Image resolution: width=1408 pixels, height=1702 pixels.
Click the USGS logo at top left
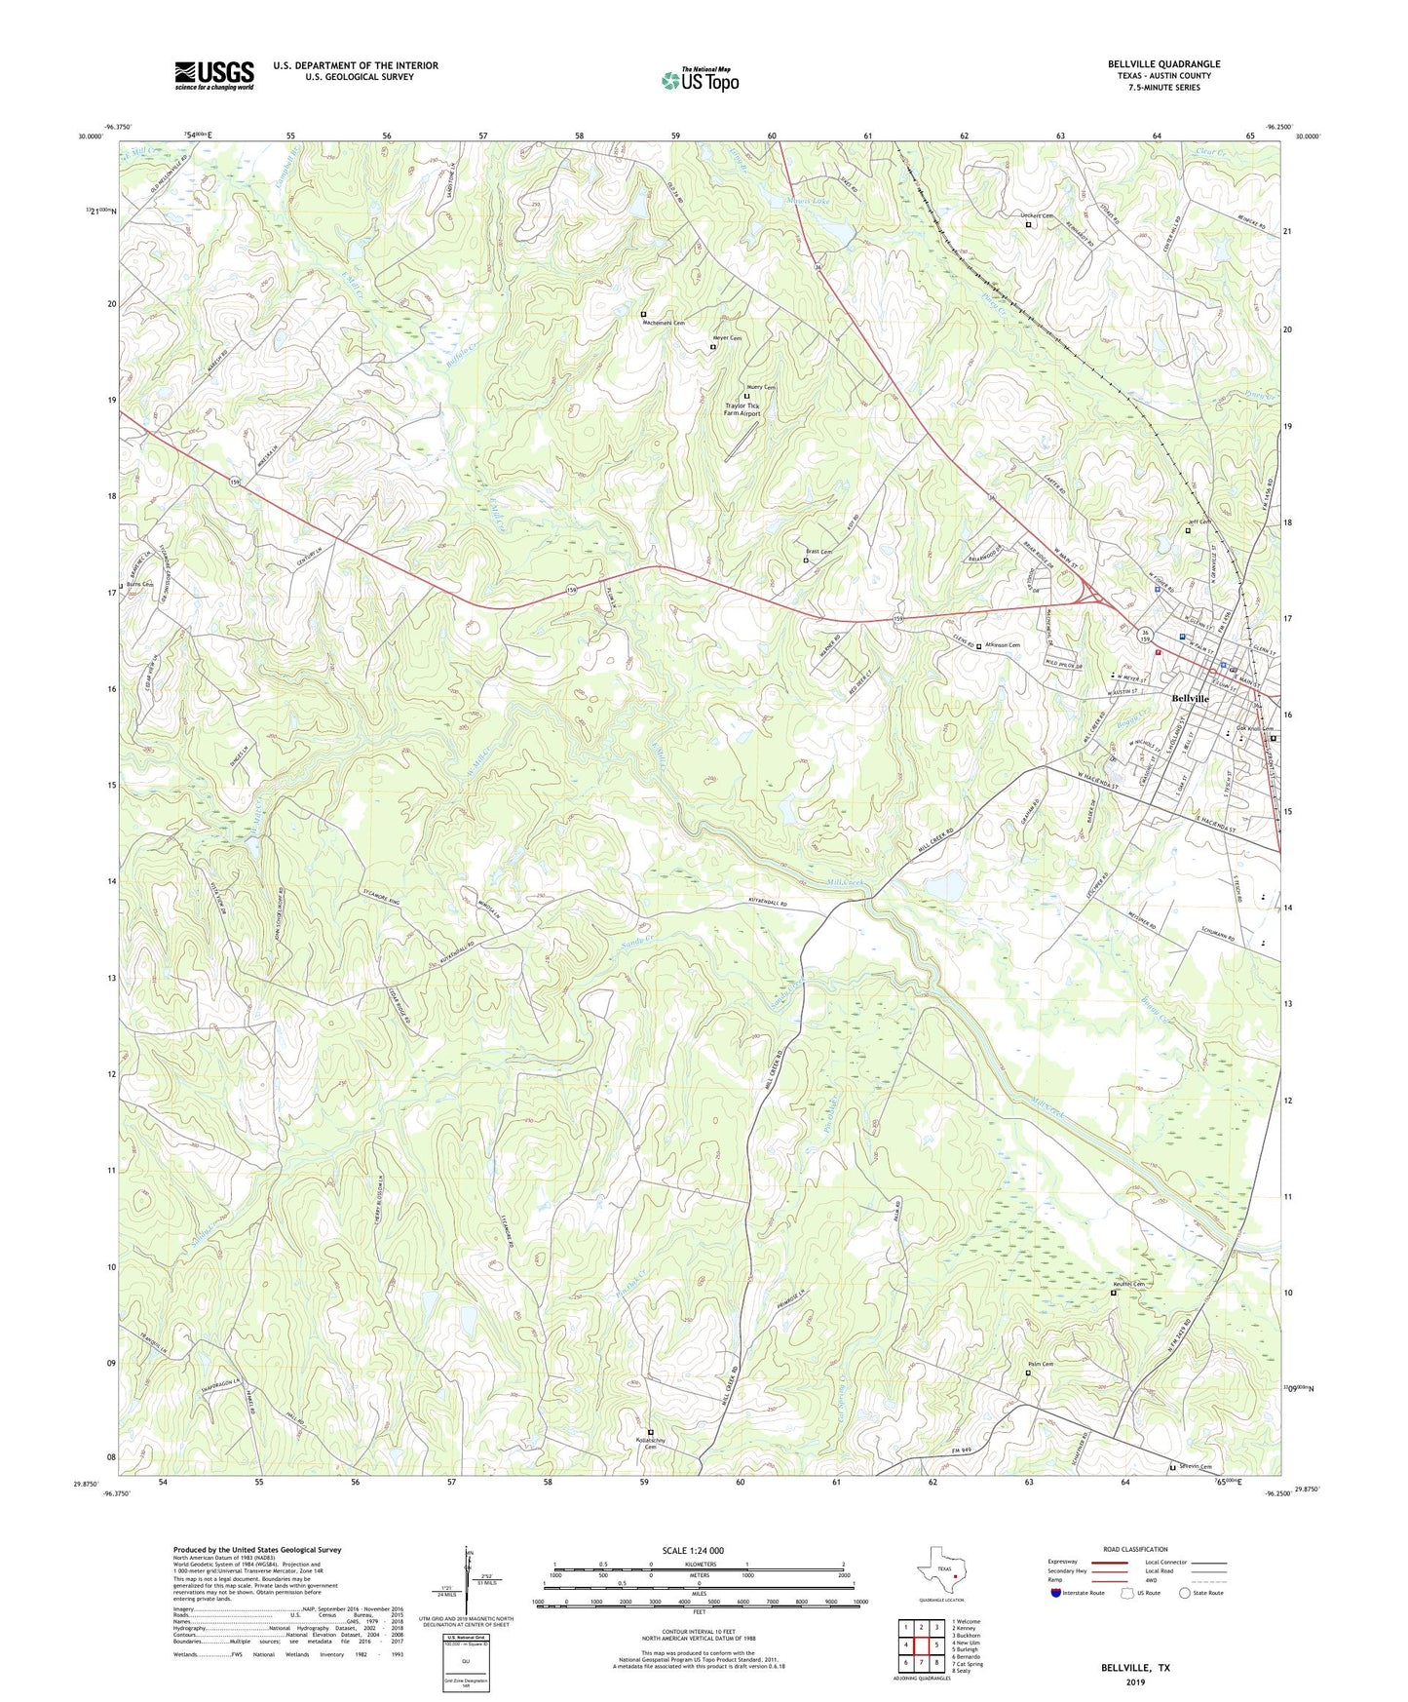[x=214, y=75]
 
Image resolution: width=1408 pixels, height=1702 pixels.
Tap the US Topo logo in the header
[x=700, y=80]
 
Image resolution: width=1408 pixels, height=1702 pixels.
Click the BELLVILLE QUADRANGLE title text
[x=1163, y=64]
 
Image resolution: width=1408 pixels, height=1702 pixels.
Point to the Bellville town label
[x=1190, y=699]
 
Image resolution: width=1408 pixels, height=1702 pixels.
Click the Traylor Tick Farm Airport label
[x=742, y=409]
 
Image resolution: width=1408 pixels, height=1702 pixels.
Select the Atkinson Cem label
[x=1002, y=645]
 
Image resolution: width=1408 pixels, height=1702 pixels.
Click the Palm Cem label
[x=1041, y=1364]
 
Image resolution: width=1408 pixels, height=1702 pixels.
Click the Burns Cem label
[x=139, y=585]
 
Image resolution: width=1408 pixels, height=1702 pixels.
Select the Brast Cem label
[x=819, y=552]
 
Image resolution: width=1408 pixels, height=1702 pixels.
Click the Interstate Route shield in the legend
[x=1056, y=1593]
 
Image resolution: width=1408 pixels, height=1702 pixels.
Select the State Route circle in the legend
[x=1185, y=1593]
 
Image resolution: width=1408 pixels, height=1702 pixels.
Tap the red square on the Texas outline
[x=956, y=1575]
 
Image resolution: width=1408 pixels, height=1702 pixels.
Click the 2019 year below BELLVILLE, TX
[x=1135, y=1683]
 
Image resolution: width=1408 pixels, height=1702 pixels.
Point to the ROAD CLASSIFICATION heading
[x=1135, y=1549]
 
